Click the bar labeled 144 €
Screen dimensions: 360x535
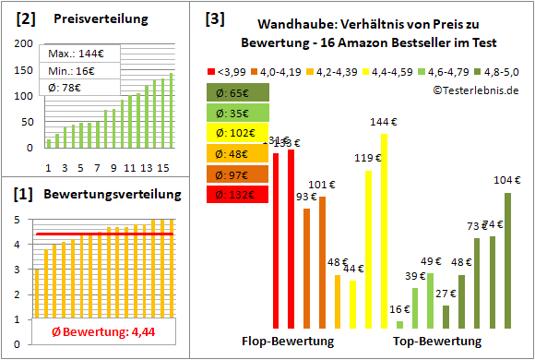tap(384, 231)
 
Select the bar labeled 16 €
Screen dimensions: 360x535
tap(399, 325)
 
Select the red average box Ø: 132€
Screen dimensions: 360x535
tap(237, 194)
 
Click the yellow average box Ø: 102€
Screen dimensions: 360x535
tap(237, 133)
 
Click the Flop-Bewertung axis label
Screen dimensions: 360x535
tap(287, 342)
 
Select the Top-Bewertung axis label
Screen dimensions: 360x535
tap(437, 342)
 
